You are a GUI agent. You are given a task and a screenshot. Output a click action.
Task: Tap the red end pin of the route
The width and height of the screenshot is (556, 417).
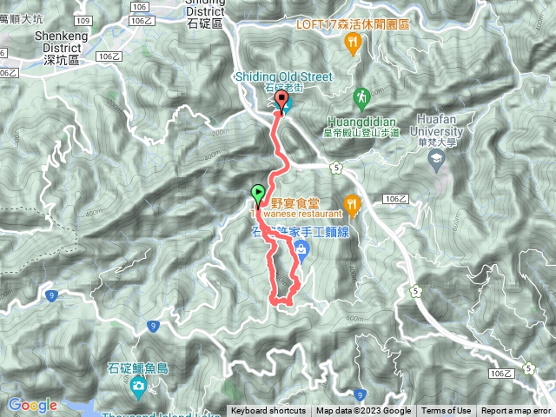point(281,102)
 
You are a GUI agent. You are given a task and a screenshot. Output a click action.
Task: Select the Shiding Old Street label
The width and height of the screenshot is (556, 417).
point(283,76)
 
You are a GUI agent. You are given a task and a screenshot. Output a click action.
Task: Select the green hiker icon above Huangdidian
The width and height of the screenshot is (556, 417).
point(361,96)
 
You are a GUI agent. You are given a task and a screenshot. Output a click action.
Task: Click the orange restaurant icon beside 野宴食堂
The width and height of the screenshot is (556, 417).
point(352,204)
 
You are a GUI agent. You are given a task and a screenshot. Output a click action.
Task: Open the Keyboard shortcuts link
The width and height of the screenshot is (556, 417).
point(268,411)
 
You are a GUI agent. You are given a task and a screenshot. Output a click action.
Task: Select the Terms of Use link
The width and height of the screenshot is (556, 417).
point(447,411)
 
